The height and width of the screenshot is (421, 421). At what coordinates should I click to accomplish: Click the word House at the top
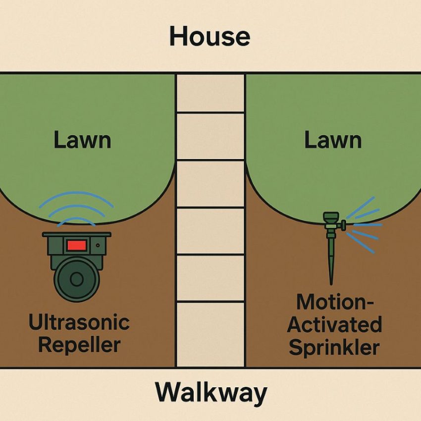click(210, 37)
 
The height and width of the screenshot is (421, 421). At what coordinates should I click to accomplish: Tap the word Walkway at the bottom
click(210, 394)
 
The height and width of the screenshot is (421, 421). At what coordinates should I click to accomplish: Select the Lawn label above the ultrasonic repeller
click(82, 141)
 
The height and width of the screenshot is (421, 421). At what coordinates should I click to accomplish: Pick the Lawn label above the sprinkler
click(333, 141)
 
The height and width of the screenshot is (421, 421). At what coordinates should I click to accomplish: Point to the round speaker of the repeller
click(76, 279)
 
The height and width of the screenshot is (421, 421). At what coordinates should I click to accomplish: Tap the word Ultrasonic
click(79, 323)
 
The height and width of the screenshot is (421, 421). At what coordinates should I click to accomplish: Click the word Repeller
click(79, 345)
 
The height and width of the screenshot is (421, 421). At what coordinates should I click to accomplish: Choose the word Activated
click(334, 325)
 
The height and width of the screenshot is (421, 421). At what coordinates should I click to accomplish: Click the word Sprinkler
click(334, 347)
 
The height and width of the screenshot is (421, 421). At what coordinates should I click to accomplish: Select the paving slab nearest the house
click(210, 93)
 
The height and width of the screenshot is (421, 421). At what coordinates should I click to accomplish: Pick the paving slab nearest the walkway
click(210, 334)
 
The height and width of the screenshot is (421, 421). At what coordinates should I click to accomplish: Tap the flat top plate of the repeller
click(77, 234)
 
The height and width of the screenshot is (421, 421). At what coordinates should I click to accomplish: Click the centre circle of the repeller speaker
click(76, 279)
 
